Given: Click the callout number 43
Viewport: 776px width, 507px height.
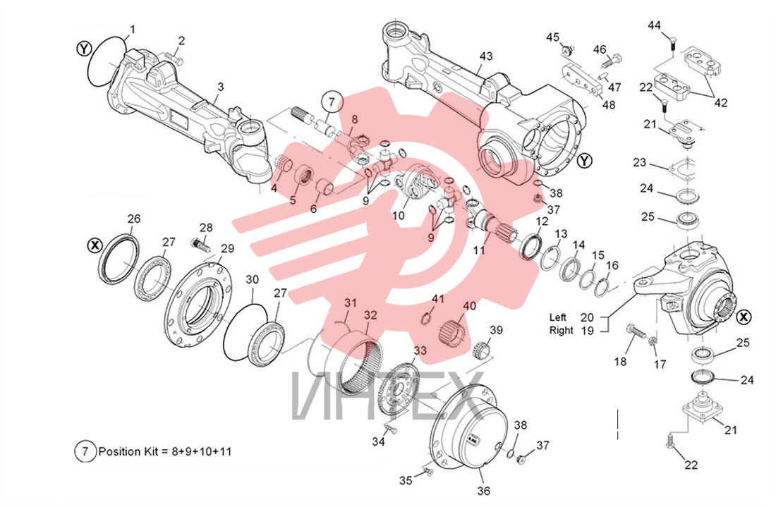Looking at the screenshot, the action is (x=486, y=56).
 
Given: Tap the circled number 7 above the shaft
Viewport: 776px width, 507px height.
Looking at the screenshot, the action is (x=332, y=102).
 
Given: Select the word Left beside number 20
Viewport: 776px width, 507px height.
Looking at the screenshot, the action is (x=558, y=317).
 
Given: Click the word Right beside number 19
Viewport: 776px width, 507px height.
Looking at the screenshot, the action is (x=562, y=331).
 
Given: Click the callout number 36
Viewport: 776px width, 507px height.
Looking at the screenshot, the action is (x=483, y=491).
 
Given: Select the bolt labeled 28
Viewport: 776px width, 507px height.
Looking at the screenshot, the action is (x=200, y=243).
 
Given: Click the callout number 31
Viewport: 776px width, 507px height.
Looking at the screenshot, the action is (x=351, y=303).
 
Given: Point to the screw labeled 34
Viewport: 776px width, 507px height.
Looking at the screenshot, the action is (x=390, y=427).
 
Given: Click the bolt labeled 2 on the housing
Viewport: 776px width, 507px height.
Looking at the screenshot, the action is (x=174, y=59).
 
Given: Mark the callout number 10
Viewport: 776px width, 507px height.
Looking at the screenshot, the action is (x=398, y=215).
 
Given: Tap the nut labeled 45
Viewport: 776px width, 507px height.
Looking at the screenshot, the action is (x=566, y=49).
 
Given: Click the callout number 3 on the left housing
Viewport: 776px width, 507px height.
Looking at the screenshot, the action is (x=220, y=87).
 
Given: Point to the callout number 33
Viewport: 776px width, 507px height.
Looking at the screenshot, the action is (x=420, y=350).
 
